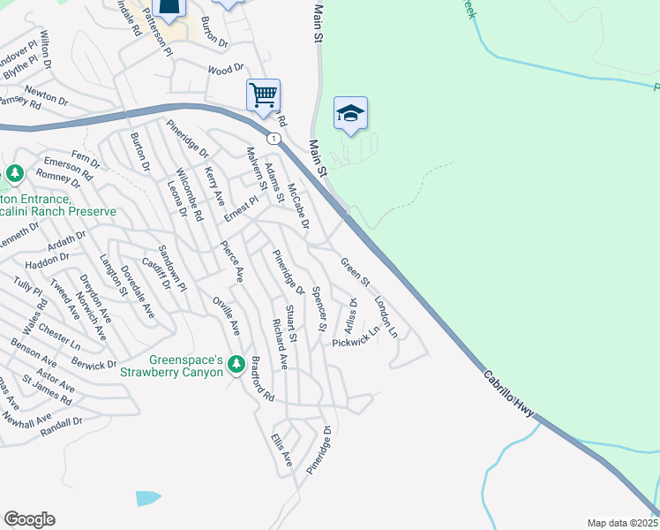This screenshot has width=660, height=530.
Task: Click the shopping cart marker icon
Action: pyautogui.click(x=263, y=94)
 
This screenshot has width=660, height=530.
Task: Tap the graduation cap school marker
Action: pyautogui.click(x=350, y=112)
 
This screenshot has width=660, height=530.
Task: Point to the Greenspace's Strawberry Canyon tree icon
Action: pyautogui.click(x=236, y=364)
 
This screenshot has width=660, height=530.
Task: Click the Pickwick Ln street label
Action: pyautogui.click(x=356, y=336)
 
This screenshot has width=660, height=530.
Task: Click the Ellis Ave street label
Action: pyautogui.click(x=282, y=450)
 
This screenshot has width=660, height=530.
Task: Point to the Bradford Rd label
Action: pyautogui.click(x=262, y=379)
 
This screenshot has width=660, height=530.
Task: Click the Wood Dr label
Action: pyautogui.click(x=225, y=69)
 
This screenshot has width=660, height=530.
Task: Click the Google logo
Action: pyautogui.click(x=29, y=519)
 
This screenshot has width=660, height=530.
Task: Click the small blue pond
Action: pyautogui.click(x=148, y=497)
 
